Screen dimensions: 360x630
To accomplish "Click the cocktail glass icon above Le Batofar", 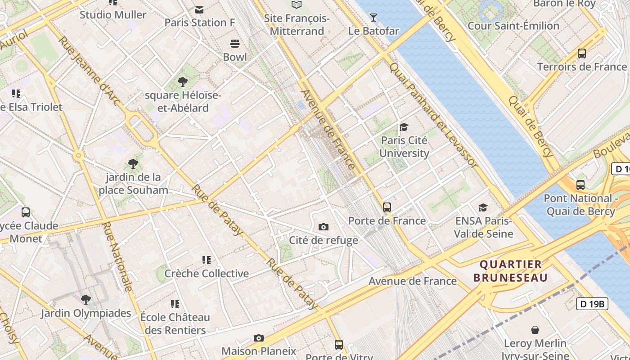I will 373,18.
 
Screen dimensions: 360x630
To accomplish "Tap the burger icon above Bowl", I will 234,44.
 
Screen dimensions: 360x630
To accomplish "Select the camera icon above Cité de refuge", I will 323,227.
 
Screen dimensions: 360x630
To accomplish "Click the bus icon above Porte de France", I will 387,207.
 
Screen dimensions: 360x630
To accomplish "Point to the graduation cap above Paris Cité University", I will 404,127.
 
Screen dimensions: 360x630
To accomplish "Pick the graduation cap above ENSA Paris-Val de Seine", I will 483,207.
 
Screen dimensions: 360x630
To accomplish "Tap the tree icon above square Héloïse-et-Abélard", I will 182,82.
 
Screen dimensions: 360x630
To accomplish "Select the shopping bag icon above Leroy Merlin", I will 535,330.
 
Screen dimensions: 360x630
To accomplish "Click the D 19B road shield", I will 592,304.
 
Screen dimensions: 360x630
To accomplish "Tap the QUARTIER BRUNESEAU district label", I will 511,271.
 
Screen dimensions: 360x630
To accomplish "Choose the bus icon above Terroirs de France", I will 581,54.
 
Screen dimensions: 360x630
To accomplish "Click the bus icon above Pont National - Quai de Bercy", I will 580,185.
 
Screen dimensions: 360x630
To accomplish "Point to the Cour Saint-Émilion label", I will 513,26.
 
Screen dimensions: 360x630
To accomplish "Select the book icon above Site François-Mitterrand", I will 296,5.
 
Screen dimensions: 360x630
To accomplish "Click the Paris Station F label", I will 200,22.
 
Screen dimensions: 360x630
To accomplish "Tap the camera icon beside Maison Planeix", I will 258,338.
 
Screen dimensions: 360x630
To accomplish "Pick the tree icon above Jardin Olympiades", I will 85,300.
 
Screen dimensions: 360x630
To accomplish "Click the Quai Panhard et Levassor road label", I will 433,115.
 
